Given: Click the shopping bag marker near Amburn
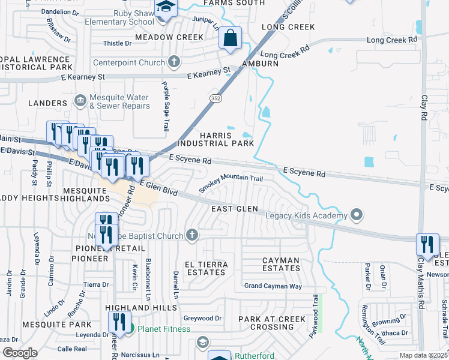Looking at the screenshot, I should click(230, 39).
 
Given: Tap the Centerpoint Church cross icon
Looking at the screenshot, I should click(174, 62).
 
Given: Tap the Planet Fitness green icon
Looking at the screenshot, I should click(130, 328).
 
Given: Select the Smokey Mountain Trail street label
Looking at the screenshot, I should click(231, 183).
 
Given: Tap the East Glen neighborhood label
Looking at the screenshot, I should click(234, 209).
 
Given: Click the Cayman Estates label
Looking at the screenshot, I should click(272, 265).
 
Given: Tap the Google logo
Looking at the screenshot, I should click(20, 353).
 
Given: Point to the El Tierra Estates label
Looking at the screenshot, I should click(206, 268).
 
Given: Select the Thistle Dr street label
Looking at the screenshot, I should click(117, 43).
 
